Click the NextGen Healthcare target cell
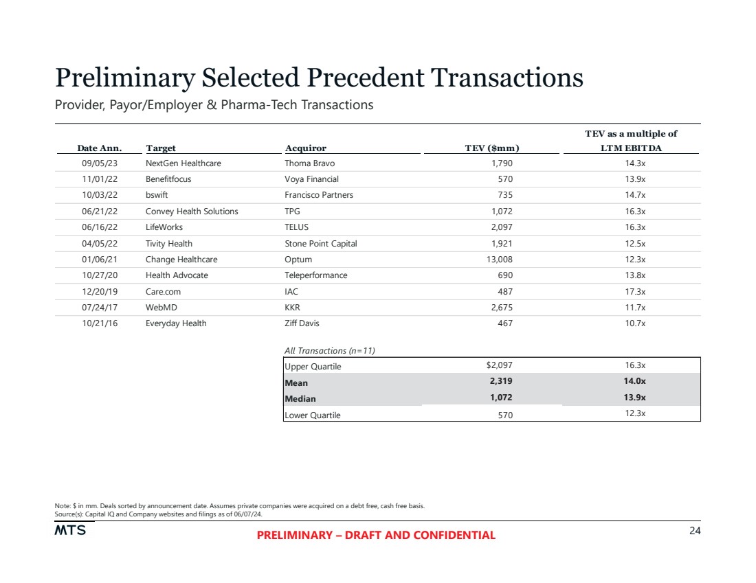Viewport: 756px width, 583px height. tap(183, 163)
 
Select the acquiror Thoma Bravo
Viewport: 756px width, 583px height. tap(309, 163)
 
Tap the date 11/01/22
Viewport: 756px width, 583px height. tap(100, 179)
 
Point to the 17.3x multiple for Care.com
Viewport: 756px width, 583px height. tap(635, 291)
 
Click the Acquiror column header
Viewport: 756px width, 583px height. tap(305, 148)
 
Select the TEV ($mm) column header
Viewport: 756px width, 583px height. tap(492, 148)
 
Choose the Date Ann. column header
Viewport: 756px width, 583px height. tap(99, 148)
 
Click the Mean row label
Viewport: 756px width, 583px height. tap(296, 382)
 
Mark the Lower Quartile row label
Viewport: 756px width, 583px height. tap(312, 415)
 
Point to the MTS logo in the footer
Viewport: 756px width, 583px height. tap(70, 531)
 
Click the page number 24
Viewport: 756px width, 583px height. tap(694, 531)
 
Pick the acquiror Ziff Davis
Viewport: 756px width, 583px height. tap(302, 323)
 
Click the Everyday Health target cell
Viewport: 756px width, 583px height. tap(175, 323)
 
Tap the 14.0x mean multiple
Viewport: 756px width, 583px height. tap(635, 382)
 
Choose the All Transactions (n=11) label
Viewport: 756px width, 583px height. tap(329, 350)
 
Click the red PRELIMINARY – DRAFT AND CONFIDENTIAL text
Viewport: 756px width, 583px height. tap(376, 536)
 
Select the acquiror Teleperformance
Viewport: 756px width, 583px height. tap(315, 275)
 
